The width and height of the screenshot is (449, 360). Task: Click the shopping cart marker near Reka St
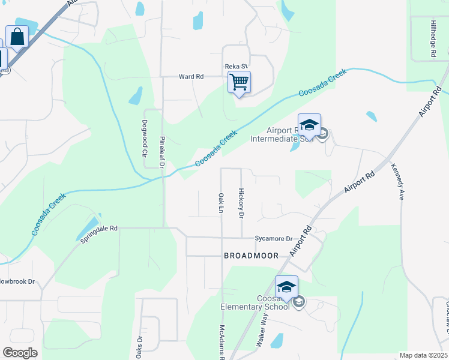(x=240, y=82)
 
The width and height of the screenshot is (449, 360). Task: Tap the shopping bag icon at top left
(x=17, y=37)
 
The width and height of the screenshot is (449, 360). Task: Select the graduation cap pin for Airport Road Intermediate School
(x=309, y=125)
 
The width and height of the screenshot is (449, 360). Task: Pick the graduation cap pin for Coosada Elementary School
(x=287, y=287)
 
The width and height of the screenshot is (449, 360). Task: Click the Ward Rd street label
(x=191, y=77)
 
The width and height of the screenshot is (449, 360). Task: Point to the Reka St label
(x=236, y=66)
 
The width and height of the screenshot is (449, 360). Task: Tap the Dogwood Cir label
(x=145, y=142)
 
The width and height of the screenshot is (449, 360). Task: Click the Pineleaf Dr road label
(x=161, y=152)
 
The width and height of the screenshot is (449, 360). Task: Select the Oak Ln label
(x=221, y=203)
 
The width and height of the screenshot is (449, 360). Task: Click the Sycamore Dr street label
(x=273, y=238)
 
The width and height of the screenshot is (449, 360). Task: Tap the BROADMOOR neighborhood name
(x=251, y=256)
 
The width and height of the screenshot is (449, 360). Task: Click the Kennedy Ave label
(x=397, y=181)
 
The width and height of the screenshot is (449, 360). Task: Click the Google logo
(x=20, y=353)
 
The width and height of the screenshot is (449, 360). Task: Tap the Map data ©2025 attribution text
(x=423, y=355)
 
